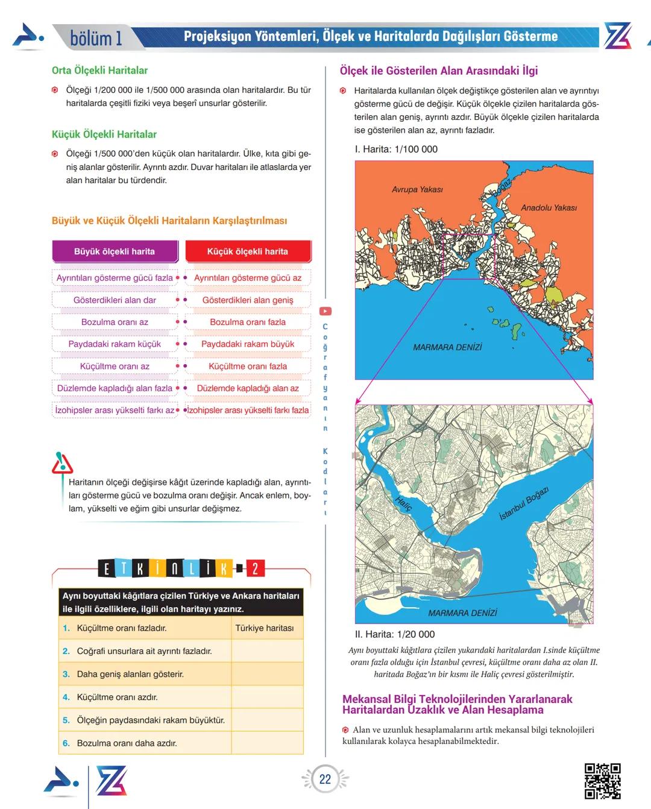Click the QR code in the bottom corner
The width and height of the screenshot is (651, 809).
click(x=602, y=781)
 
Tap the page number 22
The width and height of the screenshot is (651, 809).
click(x=325, y=779)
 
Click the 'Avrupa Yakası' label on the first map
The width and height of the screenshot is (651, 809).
click(x=417, y=189)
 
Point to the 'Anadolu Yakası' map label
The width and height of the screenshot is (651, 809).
click(x=549, y=207)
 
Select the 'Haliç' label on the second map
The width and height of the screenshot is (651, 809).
click(x=403, y=503)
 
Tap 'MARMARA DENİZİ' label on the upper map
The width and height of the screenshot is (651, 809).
click(x=447, y=347)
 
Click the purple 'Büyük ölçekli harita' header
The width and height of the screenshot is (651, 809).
click(x=115, y=251)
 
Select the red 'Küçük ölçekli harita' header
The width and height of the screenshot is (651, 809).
click(x=248, y=251)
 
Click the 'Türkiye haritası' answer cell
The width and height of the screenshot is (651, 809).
click(x=265, y=628)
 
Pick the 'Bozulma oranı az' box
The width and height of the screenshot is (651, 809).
click(x=115, y=322)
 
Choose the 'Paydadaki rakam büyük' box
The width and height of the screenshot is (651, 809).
click(x=248, y=344)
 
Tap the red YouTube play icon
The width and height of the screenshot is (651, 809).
click(x=325, y=311)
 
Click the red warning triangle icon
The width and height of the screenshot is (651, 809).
click(x=62, y=464)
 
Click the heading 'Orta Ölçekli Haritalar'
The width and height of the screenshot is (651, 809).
click(x=99, y=70)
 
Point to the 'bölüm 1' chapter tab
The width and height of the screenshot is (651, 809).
click(x=96, y=38)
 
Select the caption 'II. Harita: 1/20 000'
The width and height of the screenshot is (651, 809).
click(x=395, y=634)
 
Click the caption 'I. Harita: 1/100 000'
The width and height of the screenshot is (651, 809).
click(x=396, y=149)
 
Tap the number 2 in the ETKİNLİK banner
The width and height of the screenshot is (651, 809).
click(x=255, y=568)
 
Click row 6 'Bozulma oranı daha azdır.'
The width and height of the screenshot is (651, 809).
click(x=127, y=743)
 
